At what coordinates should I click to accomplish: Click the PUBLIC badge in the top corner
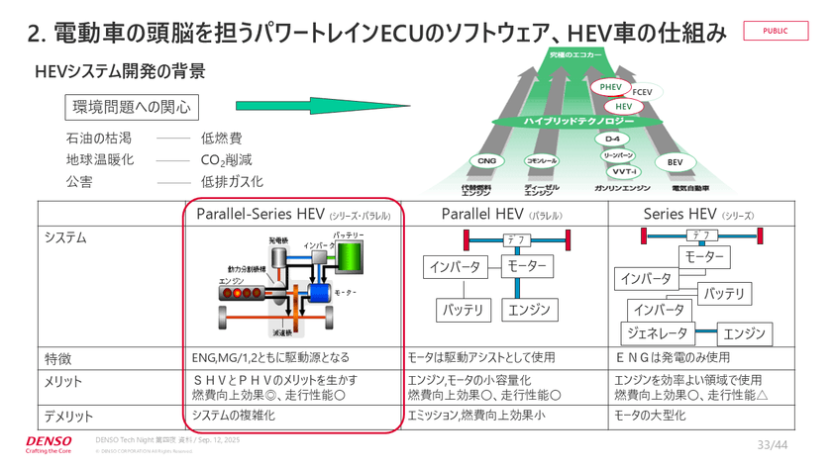tap(776, 31)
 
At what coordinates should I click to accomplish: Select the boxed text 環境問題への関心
tap(130, 107)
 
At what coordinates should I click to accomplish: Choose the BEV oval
tap(675, 161)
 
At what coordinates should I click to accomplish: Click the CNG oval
tap(486, 160)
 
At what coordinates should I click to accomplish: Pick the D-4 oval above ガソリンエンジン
tap(612, 140)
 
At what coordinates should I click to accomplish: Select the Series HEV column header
tap(698, 214)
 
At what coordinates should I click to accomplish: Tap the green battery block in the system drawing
tap(349, 257)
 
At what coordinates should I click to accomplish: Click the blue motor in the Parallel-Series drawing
tap(320, 291)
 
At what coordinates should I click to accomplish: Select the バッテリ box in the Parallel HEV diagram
tap(464, 310)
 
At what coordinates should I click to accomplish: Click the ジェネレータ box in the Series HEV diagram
tap(655, 332)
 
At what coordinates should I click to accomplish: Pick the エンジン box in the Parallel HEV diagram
tap(528, 310)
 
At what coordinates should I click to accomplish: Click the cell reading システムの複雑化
tap(234, 416)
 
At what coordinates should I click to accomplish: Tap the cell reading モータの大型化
tap(650, 416)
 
